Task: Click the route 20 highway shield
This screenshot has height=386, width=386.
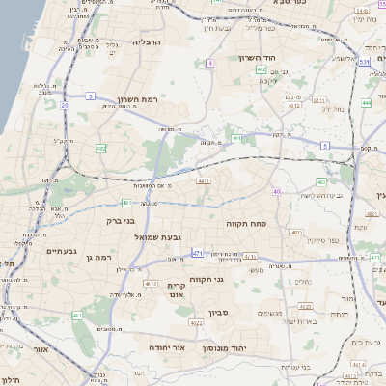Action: tap(64, 104)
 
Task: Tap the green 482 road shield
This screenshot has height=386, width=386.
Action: tap(101, 148)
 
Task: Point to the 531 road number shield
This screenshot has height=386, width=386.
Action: tap(365, 63)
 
